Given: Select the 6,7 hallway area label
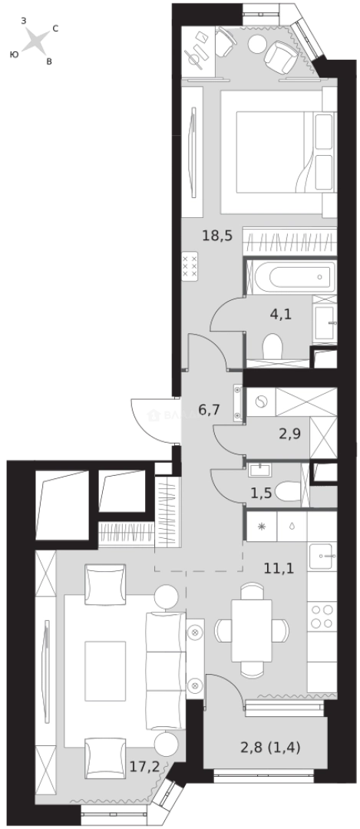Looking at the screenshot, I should pos(210,410).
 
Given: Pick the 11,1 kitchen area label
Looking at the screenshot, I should pos(279,569).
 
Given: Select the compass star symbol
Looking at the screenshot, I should pos(35,41).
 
